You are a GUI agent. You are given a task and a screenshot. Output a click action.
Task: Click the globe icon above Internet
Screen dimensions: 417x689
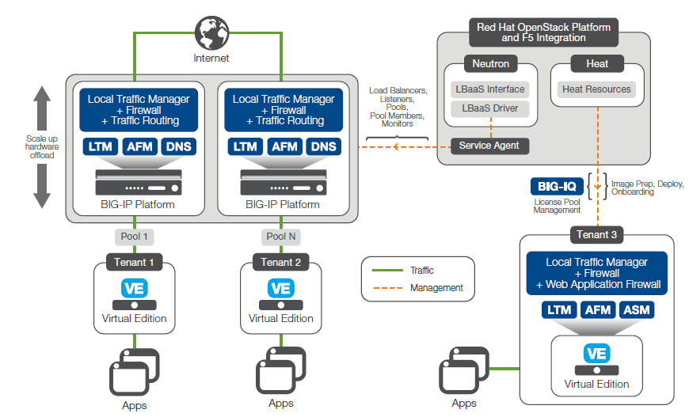pyautogui.click(x=211, y=33)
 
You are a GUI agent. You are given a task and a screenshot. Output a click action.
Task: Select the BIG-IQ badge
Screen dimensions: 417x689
pyautogui.click(x=557, y=187)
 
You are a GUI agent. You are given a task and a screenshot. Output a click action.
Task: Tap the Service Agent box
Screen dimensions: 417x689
pyautogui.click(x=489, y=146)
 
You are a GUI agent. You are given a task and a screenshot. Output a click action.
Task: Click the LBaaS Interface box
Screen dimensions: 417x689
pyautogui.click(x=489, y=89)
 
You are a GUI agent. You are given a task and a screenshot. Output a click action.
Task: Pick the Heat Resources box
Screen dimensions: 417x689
pyautogui.click(x=596, y=89)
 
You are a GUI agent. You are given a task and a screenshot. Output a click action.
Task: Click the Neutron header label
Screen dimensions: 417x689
pyautogui.click(x=489, y=63)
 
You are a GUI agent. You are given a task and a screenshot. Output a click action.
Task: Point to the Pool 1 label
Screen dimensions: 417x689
pyautogui.click(x=134, y=237)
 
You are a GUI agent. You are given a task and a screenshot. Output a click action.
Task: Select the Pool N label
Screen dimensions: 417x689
pyautogui.click(x=280, y=237)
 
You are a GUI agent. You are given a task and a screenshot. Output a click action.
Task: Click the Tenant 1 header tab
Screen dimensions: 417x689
pyautogui.click(x=134, y=262)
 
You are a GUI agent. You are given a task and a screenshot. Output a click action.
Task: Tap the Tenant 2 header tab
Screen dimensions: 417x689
pyautogui.click(x=280, y=262)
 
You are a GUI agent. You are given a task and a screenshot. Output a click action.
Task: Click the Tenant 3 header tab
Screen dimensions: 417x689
pyautogui.click(x=596, y=233)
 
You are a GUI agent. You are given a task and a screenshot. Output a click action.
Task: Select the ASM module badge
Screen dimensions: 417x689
pyautogui.click(x=638, y=309)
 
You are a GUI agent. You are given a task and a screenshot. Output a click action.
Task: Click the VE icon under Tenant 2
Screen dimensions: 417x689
pyautogui.click(x=280, y=288)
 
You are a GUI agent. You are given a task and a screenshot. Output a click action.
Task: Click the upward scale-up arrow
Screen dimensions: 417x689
pyautogui.click(x=42, y=103)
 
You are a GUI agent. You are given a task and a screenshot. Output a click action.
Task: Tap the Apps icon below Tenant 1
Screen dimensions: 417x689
pyautogui.click(x=132, y=373)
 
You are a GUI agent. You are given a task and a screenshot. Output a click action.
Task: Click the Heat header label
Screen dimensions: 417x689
pyautogui.click(x=596, y=63)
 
